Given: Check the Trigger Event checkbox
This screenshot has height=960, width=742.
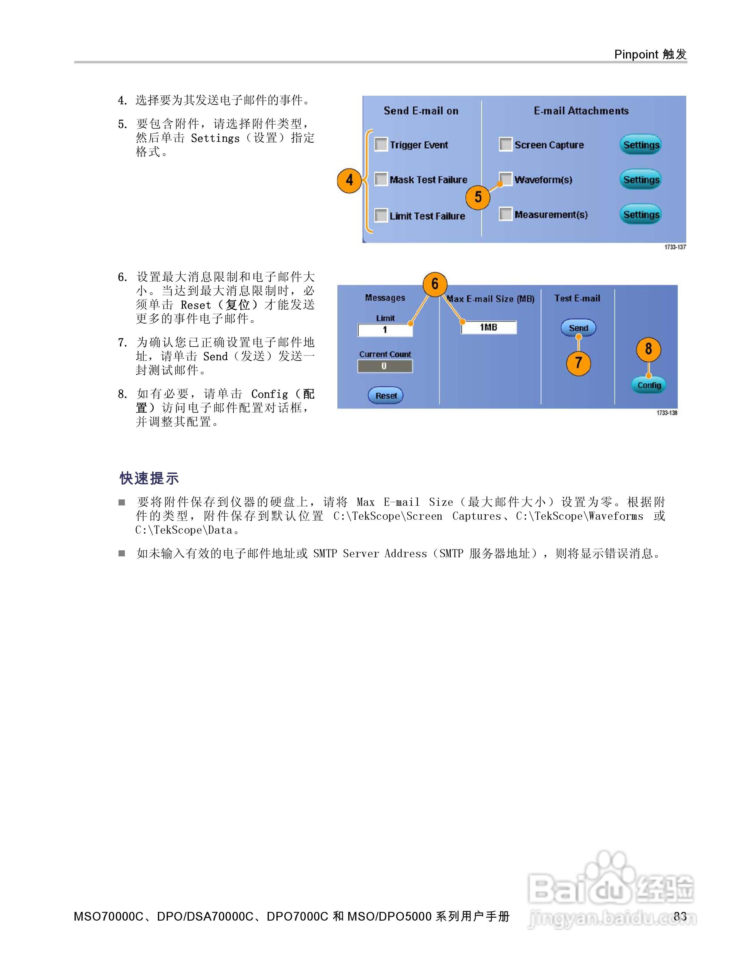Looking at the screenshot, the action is pos(381,145).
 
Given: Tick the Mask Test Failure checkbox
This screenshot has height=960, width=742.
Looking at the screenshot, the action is pos(381,179).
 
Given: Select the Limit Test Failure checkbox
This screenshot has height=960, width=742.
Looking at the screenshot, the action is pos(381,215).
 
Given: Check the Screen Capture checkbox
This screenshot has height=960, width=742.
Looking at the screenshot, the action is pos(506,144).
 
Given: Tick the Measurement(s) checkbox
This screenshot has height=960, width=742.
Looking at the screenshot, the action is pos(506,214).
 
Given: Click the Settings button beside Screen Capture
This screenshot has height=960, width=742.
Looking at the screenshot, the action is pos(641,145).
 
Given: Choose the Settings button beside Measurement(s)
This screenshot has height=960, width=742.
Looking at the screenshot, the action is pos(641,215).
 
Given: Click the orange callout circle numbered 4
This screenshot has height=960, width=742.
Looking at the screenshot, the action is pos(349,180).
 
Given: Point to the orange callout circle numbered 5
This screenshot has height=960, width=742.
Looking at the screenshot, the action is pos(478,197).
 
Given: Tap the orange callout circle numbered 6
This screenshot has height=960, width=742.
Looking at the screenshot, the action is pos(435,284).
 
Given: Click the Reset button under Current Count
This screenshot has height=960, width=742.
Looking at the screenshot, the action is pos(386,395).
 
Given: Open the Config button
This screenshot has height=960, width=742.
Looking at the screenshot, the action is pos(649,385).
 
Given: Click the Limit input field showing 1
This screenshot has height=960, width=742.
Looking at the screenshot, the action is pos(385,330).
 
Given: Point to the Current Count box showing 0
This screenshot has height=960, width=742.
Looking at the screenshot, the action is pos(385,366).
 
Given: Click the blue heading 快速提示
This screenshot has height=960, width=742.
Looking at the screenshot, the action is pos(149,478).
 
